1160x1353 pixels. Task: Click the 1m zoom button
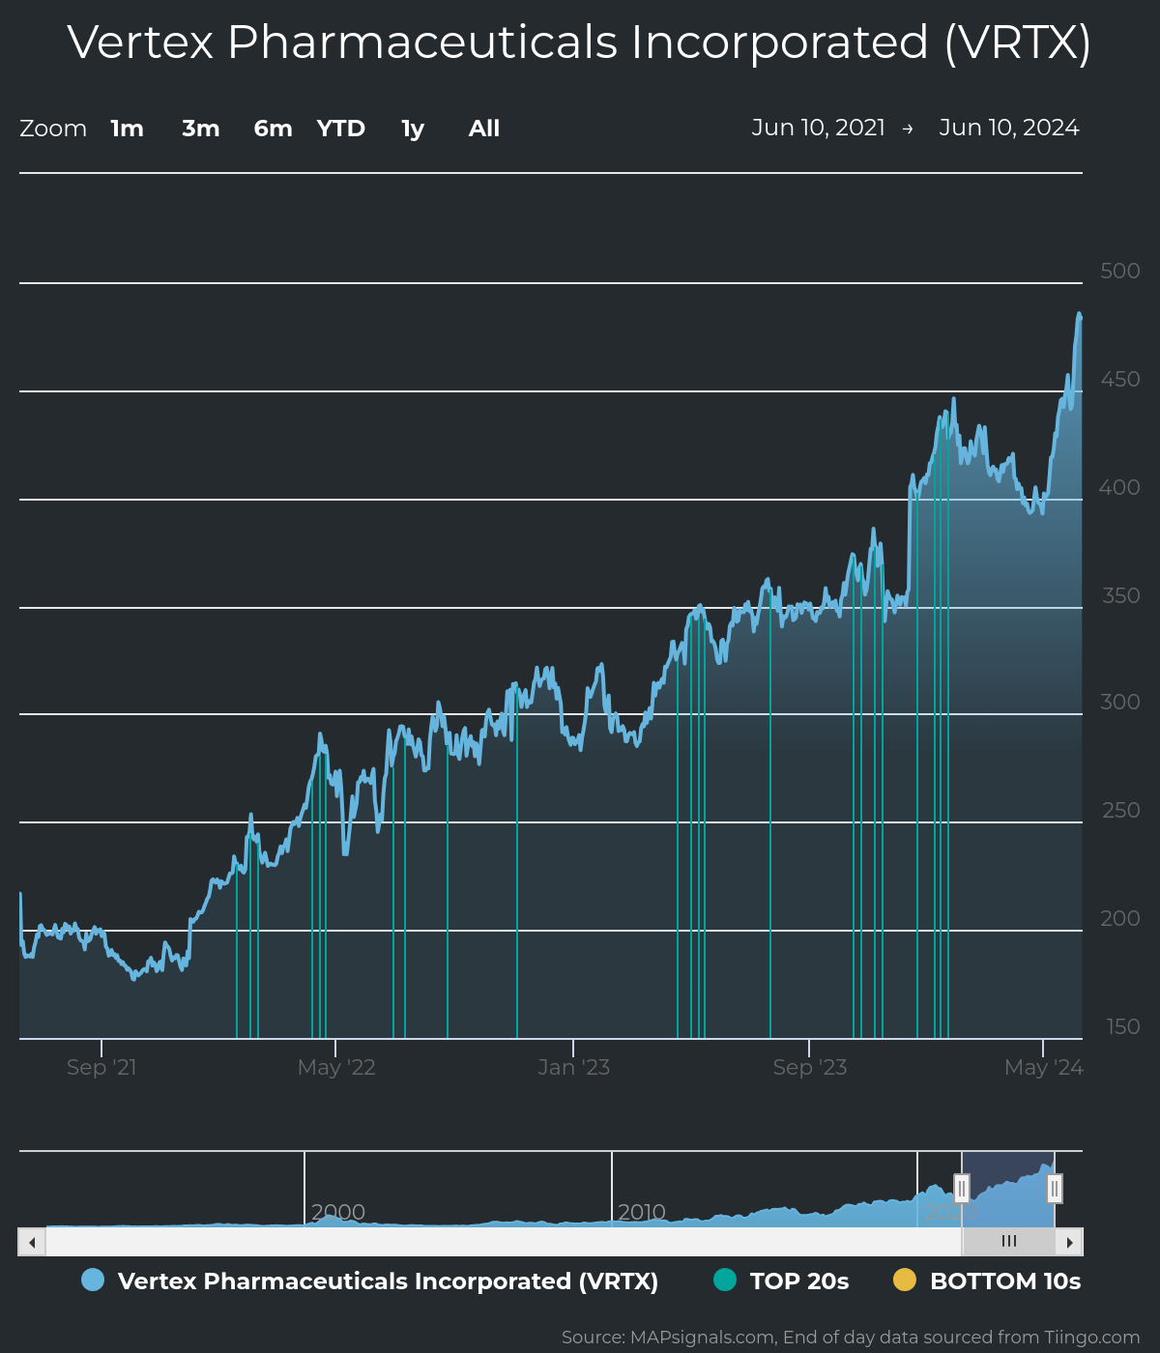pos(127,129)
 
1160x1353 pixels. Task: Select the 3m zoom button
pos(201,129)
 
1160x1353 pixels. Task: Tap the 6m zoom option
pos(273,129)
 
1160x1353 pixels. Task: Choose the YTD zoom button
pos(341,129)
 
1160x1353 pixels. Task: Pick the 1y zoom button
pos(413,129)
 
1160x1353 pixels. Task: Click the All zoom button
pos(484,129)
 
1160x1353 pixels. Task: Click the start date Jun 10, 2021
pos(818,128)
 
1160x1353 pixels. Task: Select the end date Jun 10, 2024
pos(1009,128)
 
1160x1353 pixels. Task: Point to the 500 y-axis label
pos(1120,272)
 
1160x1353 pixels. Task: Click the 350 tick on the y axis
pos(1121,596)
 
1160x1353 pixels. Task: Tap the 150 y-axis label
pos(1122,1027)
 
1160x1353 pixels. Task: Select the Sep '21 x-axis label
pos(101,1068)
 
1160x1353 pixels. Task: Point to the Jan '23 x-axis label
pos(573,1068)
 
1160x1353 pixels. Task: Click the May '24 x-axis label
pos(1044,1068)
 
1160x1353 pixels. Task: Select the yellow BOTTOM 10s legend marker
pos(905,1280)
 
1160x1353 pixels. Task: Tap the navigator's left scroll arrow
pos(32,1242)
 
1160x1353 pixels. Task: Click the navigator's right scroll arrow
pos(1069,1242)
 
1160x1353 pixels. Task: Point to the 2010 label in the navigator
pos(642,1212)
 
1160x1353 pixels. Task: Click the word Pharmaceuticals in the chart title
pos(422,43)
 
